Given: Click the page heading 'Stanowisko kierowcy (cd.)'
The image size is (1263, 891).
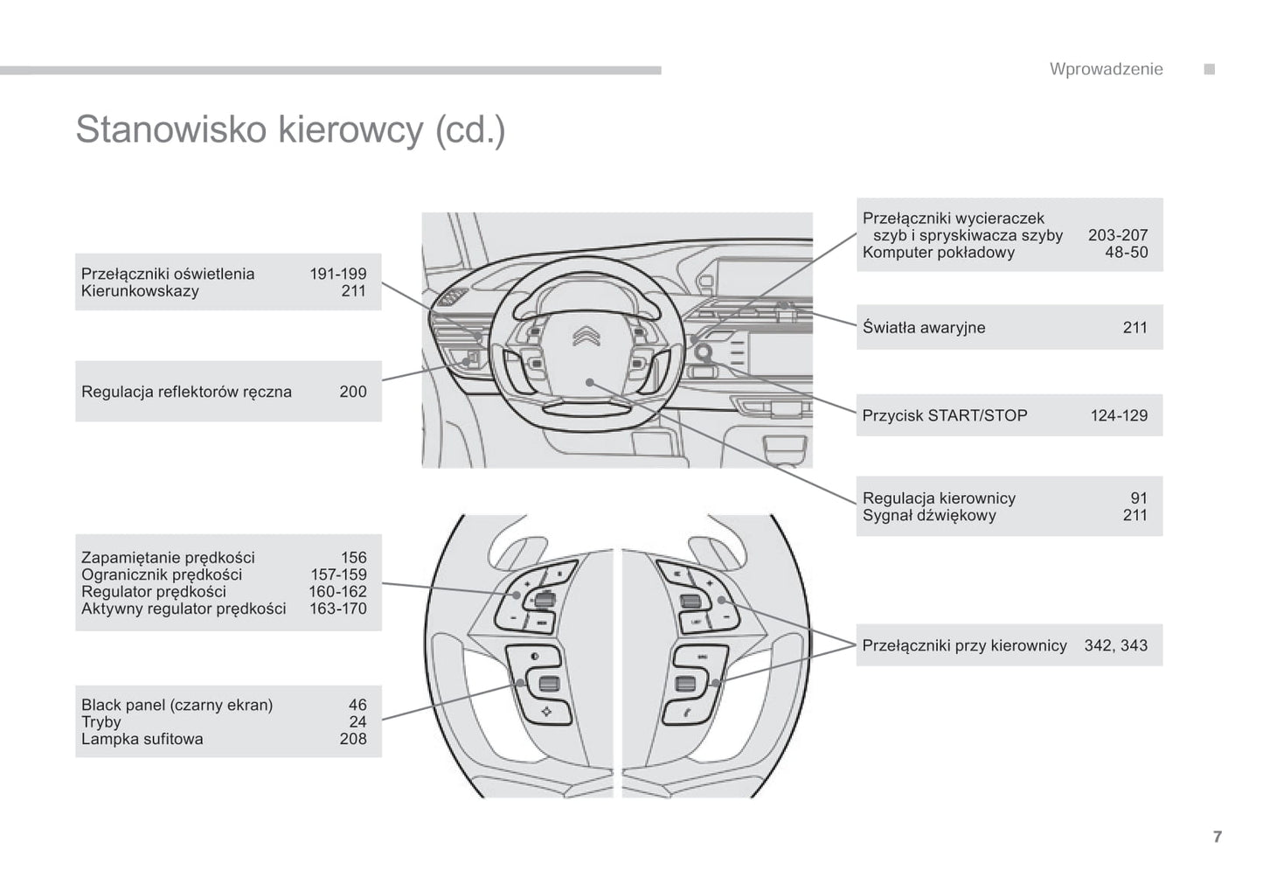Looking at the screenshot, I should (290, 129).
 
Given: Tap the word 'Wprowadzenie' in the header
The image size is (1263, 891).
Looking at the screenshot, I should (1106, 69).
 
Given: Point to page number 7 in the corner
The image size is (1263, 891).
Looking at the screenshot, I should (1217, 837).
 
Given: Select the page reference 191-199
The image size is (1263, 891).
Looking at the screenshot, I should (337, 274).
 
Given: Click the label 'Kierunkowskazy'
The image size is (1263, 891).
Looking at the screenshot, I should (140, 291).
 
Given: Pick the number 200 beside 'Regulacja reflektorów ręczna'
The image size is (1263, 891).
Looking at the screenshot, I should (352, 392).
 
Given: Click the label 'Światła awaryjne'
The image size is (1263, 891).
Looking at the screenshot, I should (923, 328).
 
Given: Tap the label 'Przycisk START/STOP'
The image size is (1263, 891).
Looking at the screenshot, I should (944, 415).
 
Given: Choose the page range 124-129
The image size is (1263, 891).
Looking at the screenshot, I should (1118, 415).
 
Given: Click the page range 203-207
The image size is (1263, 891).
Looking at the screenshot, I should (1117, 235).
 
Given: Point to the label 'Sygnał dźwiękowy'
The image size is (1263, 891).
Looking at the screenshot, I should (928, 515).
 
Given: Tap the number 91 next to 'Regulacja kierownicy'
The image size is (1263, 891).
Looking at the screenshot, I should (1138, 498).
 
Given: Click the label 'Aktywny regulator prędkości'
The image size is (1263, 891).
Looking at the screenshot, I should (184, 609).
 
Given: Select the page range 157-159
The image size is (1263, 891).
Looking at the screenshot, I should (337, 574).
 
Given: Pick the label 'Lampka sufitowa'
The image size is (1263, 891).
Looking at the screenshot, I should (142, 739).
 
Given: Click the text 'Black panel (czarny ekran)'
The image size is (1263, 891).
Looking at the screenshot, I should (177, 705).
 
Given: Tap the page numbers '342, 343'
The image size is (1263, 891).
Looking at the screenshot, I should (1115, 645).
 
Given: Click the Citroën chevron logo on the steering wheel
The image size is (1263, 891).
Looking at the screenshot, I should (585, 335).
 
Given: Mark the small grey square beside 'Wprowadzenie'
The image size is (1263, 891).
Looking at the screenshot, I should (1209, 69).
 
